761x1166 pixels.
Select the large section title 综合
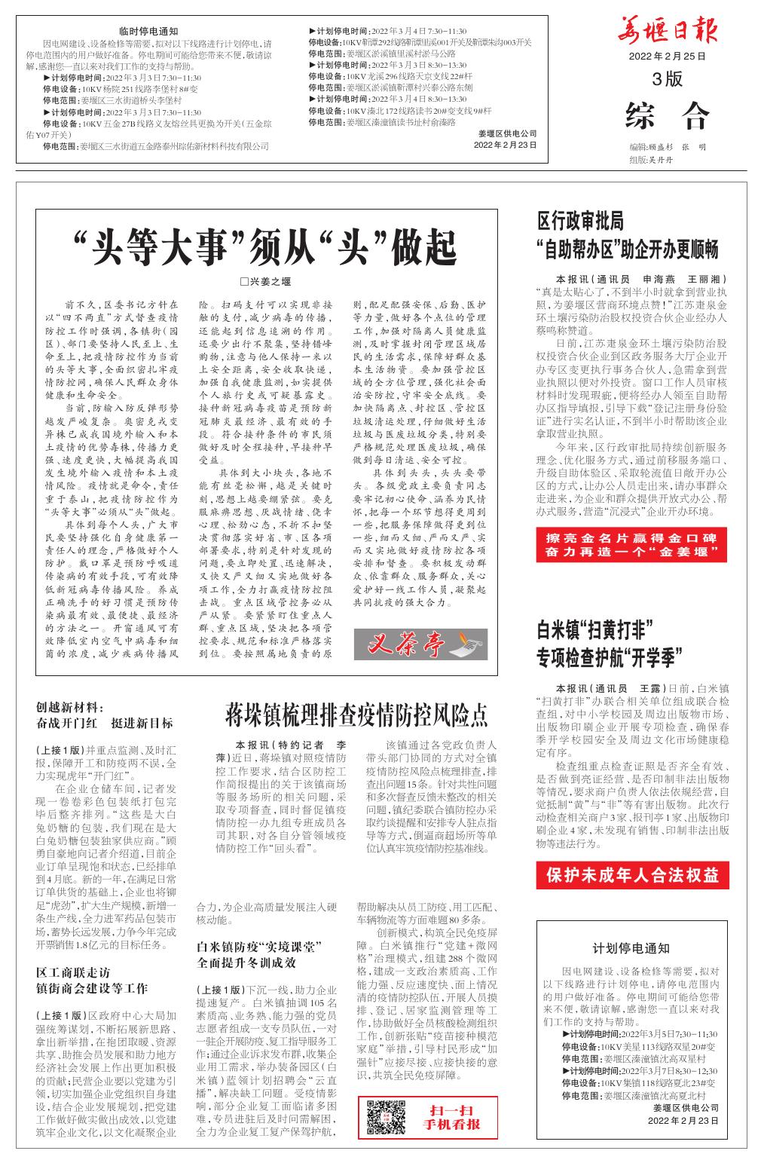click(667, 115)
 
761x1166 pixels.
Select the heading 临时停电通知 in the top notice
click(148, 31)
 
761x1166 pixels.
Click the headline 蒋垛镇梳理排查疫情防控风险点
click(356, 713)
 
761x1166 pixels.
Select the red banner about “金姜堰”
click(632, 545)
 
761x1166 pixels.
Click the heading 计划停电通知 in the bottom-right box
click(631, 947)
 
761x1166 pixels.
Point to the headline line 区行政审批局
click(580, 221)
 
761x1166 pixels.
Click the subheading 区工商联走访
click(74, 972)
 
